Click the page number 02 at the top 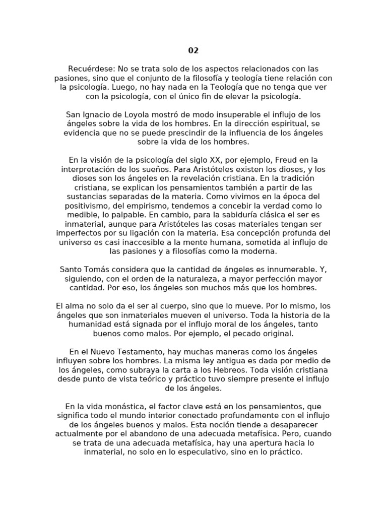193,50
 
